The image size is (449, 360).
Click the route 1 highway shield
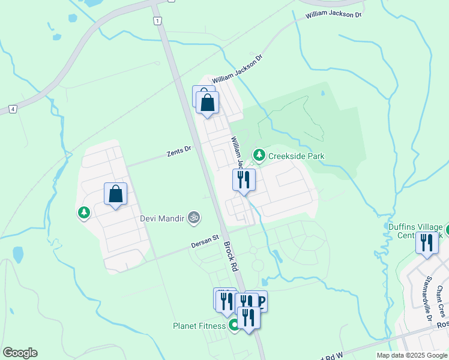tap(157, 21)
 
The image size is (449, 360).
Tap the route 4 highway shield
tap(13, 109)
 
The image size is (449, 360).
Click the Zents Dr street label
tap(179, 151)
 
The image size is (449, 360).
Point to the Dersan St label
tap(205, 241)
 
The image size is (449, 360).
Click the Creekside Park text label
tap(296, 156)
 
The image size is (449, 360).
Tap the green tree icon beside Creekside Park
tap(259, 155)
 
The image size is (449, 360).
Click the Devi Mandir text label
tap(162, 218)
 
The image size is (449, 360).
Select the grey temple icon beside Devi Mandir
tap(193, 217)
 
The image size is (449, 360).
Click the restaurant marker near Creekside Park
tap(244, 179)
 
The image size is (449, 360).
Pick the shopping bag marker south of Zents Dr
tap(116, 194)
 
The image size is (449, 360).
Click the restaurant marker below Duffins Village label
tap(427, 243)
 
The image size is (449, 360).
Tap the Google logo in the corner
tap(20, 353)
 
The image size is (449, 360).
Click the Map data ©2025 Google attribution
tap(411, 355)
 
